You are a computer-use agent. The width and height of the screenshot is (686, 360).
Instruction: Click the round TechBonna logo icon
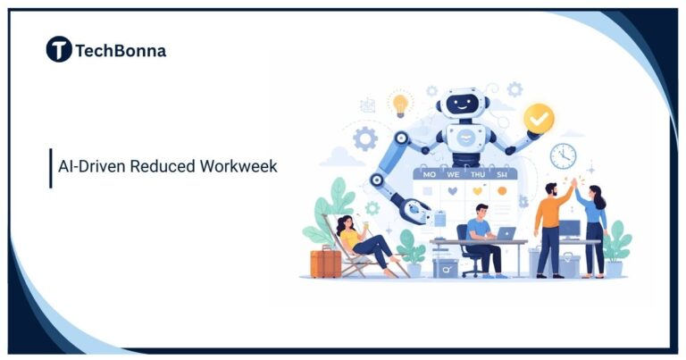click(x=59, y=49)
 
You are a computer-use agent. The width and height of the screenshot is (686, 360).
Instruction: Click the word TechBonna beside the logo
click(x=121, y=50)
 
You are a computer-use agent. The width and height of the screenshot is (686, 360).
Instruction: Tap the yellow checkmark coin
click(x=539, y=116)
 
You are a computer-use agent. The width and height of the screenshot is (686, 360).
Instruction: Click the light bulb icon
click(x=400, y=105)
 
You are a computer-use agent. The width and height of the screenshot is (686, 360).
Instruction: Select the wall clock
click(x=563, y=155)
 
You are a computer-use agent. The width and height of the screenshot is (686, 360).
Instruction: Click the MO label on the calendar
click(x=429, y=175)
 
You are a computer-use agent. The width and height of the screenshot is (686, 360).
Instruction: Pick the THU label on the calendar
click(x=478, y=175)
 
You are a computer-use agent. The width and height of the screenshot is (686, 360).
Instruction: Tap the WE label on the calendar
click(x=453, y=175)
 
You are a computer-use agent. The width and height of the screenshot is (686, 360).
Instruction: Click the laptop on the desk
click(x=506, y=234)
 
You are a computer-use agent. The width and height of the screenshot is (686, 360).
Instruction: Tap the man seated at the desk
click(x=480, y=237)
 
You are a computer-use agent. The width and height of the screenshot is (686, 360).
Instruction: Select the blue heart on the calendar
click(x=453, y=190)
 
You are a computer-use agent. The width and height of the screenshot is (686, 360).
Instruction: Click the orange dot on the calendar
click(x=502, y=190)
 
